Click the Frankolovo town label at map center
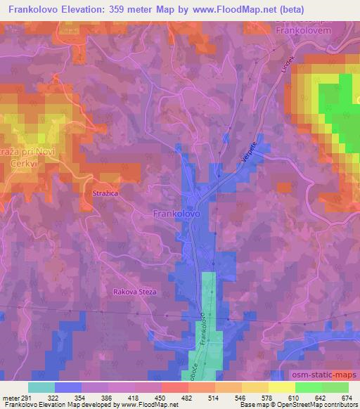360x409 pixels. tap(176, 212)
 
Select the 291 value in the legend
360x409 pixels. tap(26, 398)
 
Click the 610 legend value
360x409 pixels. tap(281, 398)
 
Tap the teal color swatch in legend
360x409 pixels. tap(41, 387)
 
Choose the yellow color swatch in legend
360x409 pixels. tap(281, 387)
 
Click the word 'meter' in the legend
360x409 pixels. tap(10, 398)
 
